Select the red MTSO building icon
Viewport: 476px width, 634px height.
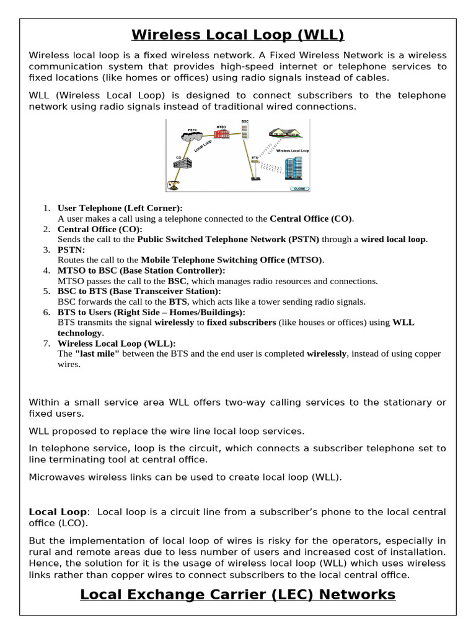(x=222, y=134)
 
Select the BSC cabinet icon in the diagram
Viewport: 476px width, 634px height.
(x=244, y=131)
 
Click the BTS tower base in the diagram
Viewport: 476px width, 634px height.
(x=254, y=178)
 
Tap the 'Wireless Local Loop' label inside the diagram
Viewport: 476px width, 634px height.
(x=293, y=150)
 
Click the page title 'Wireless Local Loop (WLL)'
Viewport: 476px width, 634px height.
(x=238, y=34)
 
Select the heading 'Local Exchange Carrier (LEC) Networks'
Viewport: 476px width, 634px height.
(x=238, y=594)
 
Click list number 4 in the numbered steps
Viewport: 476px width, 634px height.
(x=46, y=271)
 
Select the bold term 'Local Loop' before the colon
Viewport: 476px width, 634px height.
(x=58, y=512)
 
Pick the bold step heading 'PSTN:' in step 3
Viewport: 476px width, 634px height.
(x=70, y=250)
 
